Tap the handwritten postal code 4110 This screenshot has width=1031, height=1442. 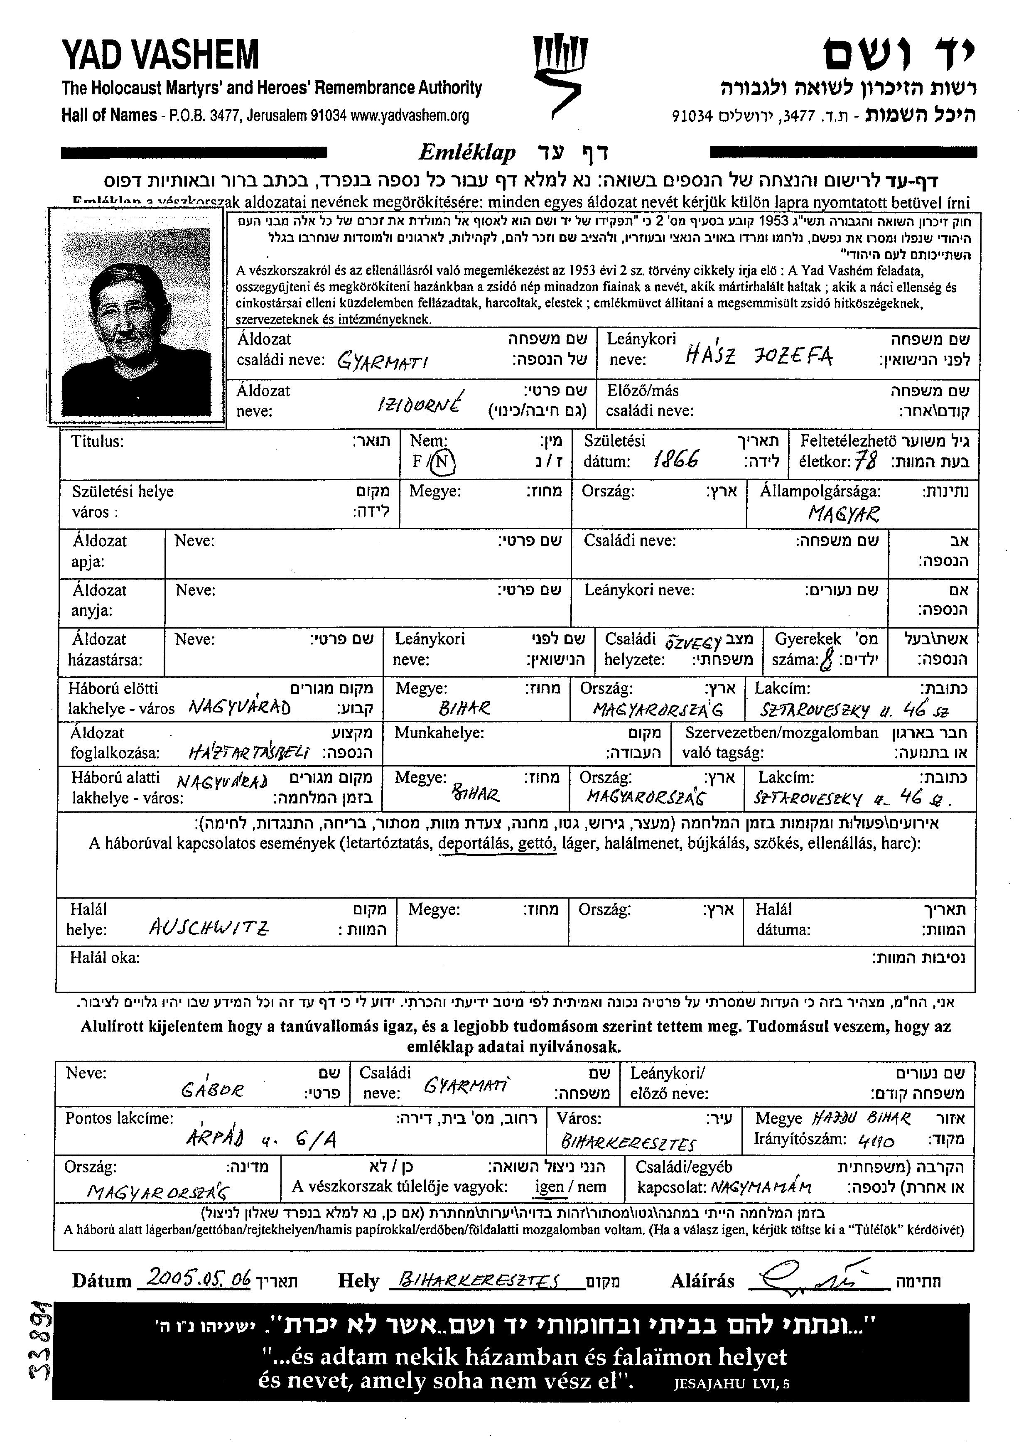[876, 1142]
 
